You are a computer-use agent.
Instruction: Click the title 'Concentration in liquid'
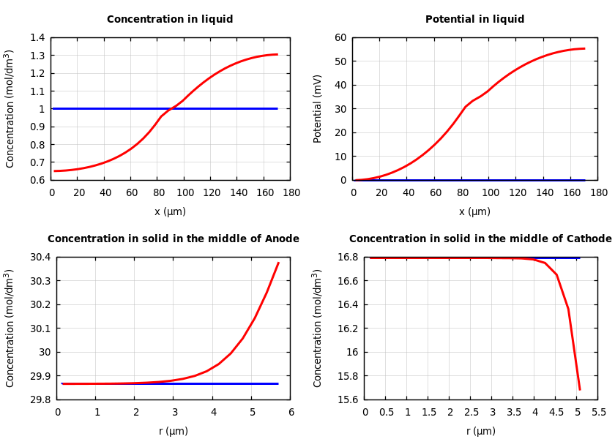[x=170, y=20]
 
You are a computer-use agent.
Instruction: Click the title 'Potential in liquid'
[x=474, y=20]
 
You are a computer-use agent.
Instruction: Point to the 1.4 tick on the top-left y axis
[x=37, y=38]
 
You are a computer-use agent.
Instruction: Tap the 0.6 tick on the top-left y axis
[x=37, y=180]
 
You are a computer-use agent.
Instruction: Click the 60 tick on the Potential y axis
[x=340, y=38]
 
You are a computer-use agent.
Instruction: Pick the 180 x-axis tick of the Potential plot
[x=598, y=192]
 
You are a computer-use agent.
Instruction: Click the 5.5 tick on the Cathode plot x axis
[x=598, y=412]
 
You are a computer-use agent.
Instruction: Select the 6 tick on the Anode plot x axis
[x=291, y=412]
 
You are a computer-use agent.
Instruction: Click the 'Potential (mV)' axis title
[x=318, y=108]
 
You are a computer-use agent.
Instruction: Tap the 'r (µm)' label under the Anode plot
[x=174, y=431]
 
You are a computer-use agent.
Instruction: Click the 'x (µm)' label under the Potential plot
[x=474, y=211]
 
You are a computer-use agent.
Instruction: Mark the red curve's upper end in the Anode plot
[x=278, y=263]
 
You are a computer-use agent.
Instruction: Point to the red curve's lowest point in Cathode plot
[x=579, y=389]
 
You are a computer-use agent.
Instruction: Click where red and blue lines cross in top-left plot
[x=170, y=108]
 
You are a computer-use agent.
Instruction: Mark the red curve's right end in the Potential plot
[x=584, y=48]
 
